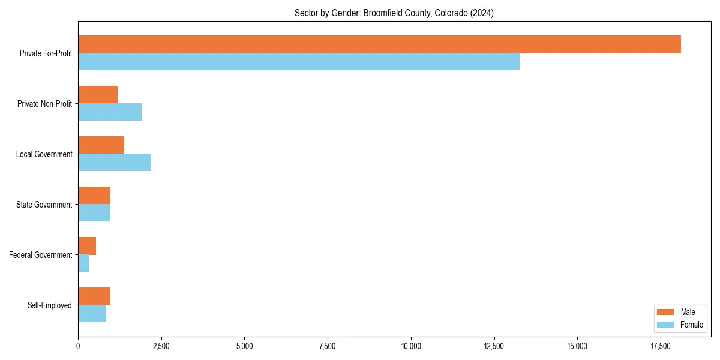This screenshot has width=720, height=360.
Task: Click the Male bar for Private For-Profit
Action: pos(379,44)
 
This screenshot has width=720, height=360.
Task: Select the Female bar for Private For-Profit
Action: pos(299,62)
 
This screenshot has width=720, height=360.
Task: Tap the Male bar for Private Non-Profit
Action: pos(98,95)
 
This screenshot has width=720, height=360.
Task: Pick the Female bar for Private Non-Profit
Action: pos(110,112)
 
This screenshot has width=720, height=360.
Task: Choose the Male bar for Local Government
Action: pos(101,145)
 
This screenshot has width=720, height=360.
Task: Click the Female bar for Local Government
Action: pos(114,163)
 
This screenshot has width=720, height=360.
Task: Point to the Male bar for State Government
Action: pos(94,196)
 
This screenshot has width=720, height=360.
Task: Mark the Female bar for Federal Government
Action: pos(83,263)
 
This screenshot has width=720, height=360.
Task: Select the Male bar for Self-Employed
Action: pos(94,296)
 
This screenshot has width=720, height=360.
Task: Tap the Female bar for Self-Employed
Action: pos(92,314)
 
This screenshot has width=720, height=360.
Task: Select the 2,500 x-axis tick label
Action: pos(161,346)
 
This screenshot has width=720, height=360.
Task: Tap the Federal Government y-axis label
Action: pos(41,255)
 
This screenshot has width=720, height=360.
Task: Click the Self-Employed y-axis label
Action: pos(50,305)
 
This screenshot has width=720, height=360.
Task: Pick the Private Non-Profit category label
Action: pos(44,104)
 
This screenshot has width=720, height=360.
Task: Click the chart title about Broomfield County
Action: pos(394,13)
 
